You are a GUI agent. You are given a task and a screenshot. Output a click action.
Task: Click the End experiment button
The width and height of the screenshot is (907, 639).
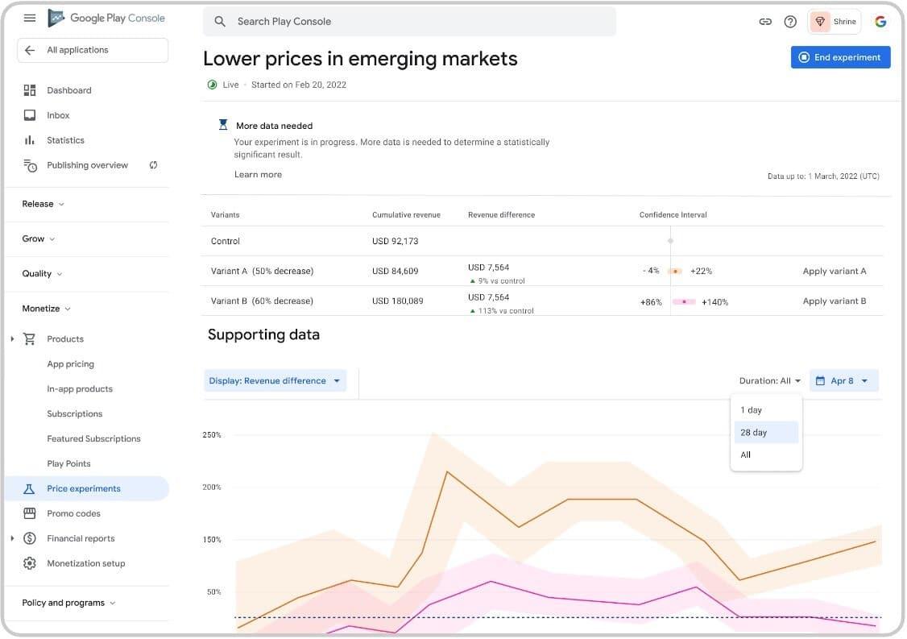click(840, 57)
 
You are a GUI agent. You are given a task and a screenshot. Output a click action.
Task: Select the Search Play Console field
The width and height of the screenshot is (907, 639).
click(409, 22)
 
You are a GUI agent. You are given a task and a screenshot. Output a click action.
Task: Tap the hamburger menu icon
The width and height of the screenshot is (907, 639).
click(30, 18)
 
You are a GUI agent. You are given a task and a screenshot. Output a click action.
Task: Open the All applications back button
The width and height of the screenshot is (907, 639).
click(92, 50)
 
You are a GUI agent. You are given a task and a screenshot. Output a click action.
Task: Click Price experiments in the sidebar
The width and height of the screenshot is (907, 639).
click(84, 488)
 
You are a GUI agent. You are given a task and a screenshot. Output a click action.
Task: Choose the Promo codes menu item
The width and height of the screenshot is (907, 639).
click(73, 513)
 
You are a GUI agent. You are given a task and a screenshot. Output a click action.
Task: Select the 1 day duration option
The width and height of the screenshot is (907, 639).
click(751, 410)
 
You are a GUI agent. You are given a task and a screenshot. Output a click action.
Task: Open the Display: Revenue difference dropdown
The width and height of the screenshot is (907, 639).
click(275, 381)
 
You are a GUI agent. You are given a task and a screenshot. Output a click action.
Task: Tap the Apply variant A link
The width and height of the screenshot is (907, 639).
click(835, 272)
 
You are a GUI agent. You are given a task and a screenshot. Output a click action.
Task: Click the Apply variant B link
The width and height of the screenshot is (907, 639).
click(835, 301)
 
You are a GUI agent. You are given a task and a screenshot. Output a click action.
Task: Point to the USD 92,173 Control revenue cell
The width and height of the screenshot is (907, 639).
click(395, 241)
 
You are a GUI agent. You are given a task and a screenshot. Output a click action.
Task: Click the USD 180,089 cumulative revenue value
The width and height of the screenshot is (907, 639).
click(397, 301)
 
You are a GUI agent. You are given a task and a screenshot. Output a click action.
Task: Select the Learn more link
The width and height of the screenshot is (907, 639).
click(258, 175)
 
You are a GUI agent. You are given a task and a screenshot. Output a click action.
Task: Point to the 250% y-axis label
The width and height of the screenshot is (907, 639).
click(212, 435)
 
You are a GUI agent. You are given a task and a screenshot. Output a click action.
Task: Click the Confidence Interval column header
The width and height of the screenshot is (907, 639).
click(673, 215)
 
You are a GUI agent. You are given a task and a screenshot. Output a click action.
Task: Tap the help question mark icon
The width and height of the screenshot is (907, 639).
click(790, 22)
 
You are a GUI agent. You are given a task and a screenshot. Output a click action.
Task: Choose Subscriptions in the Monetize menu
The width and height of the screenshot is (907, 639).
click(75, 414)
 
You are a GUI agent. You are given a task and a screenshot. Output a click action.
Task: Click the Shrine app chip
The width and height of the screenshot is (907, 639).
click(835, 22)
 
